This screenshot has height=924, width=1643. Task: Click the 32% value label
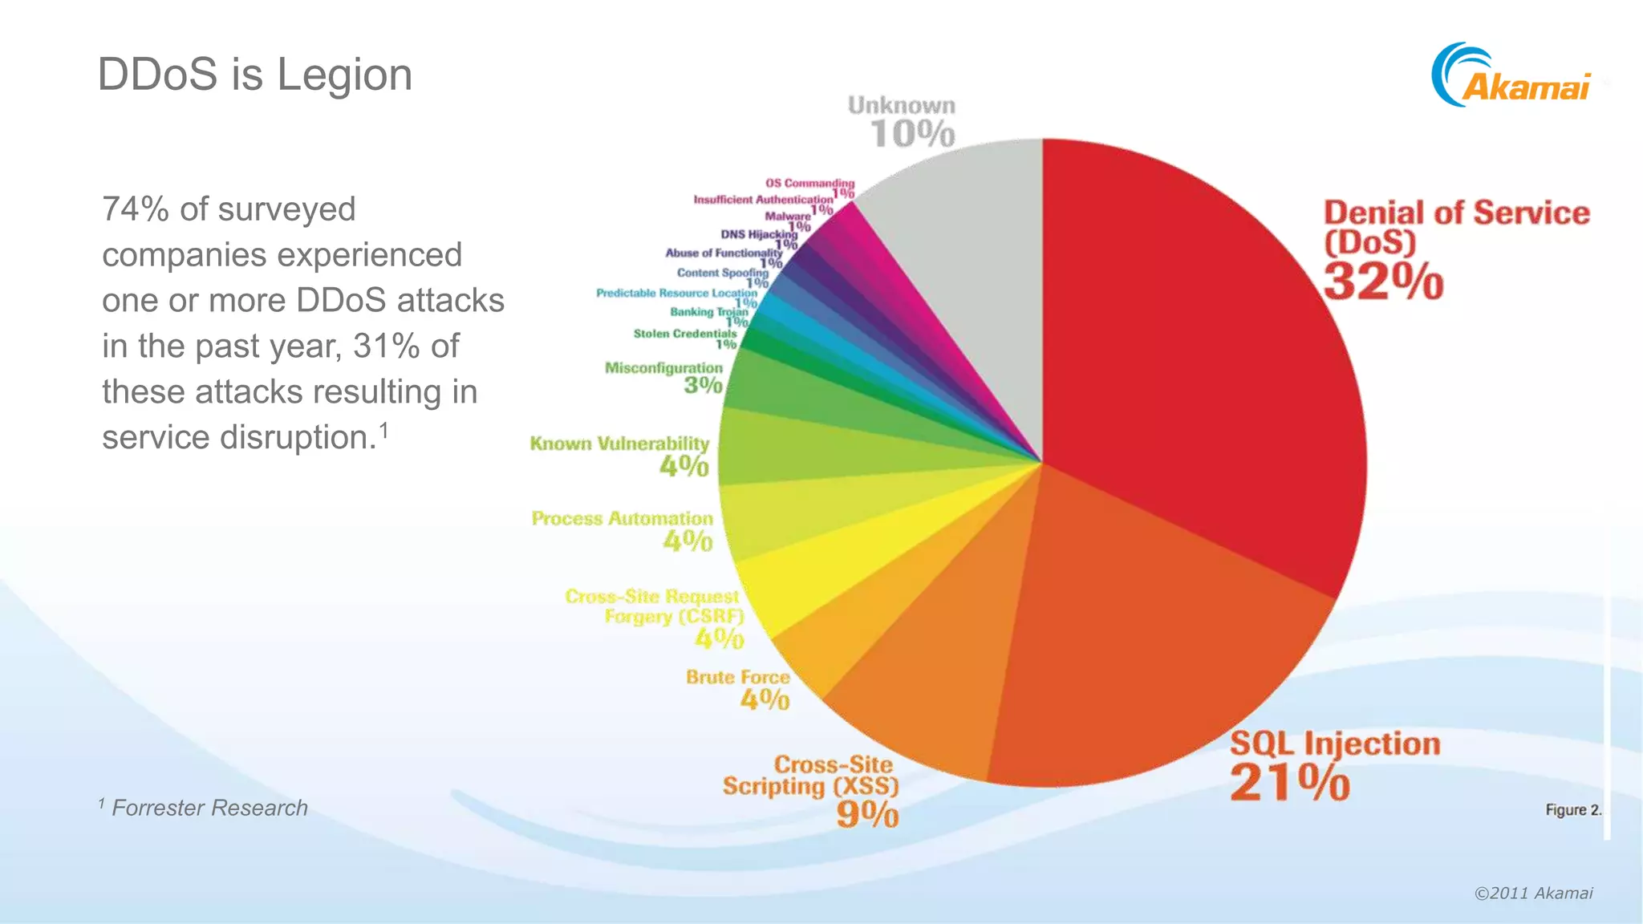(1383, 282)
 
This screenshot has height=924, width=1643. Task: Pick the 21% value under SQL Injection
(1290, 782)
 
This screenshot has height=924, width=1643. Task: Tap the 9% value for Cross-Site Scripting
(867, 815)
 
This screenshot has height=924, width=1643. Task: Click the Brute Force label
(737, 678)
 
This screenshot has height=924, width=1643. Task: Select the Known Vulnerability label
(619, 444)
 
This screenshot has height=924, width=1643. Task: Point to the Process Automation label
(622, 519)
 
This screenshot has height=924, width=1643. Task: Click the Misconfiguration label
(663, 368)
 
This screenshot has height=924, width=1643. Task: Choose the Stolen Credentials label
(684, 334)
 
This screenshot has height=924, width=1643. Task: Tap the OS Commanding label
(809, 184)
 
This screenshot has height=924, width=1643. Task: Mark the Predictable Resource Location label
(676, 294)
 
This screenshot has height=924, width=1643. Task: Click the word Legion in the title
(344, 75)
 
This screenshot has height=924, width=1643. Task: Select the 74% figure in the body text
(135, 209)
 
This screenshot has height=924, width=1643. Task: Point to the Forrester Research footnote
(209, 808)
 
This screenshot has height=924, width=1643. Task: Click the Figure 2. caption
(1572, 810)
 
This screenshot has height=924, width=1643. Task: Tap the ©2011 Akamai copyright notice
(1533, 893)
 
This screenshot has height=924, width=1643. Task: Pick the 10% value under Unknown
(912, 134)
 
